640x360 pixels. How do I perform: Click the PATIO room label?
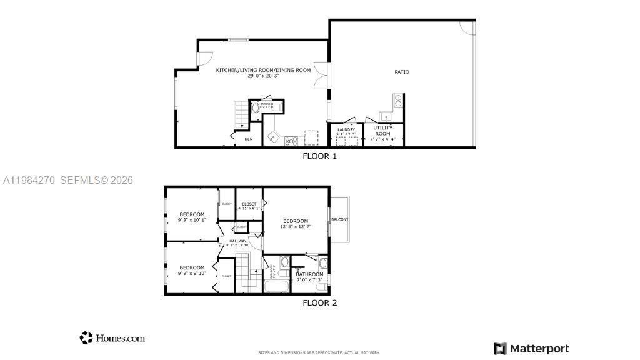pos(401,72)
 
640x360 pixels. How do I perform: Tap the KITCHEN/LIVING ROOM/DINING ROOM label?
pos(263,70)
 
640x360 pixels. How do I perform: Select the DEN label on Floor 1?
pos(248,139)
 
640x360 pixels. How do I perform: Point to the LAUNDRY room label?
pos(346,129)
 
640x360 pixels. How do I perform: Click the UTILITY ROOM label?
pos(382,130)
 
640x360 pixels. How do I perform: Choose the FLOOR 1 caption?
pos(319,156)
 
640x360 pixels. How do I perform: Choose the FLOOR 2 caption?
pos(319,303)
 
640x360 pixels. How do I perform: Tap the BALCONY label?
pos(340,219)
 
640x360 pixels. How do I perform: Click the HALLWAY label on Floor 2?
pos(237,241)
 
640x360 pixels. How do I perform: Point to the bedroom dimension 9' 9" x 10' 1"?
pos(192,220)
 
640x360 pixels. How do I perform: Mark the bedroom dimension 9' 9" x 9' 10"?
pos(192,273)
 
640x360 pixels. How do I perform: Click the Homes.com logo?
pos(112,338)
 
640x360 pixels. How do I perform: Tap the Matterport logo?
pos(531,348)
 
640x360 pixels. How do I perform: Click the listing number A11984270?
pos(29,180)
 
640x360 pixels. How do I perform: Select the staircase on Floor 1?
pos(241,114)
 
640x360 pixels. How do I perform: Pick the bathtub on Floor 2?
pos(275,287)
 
